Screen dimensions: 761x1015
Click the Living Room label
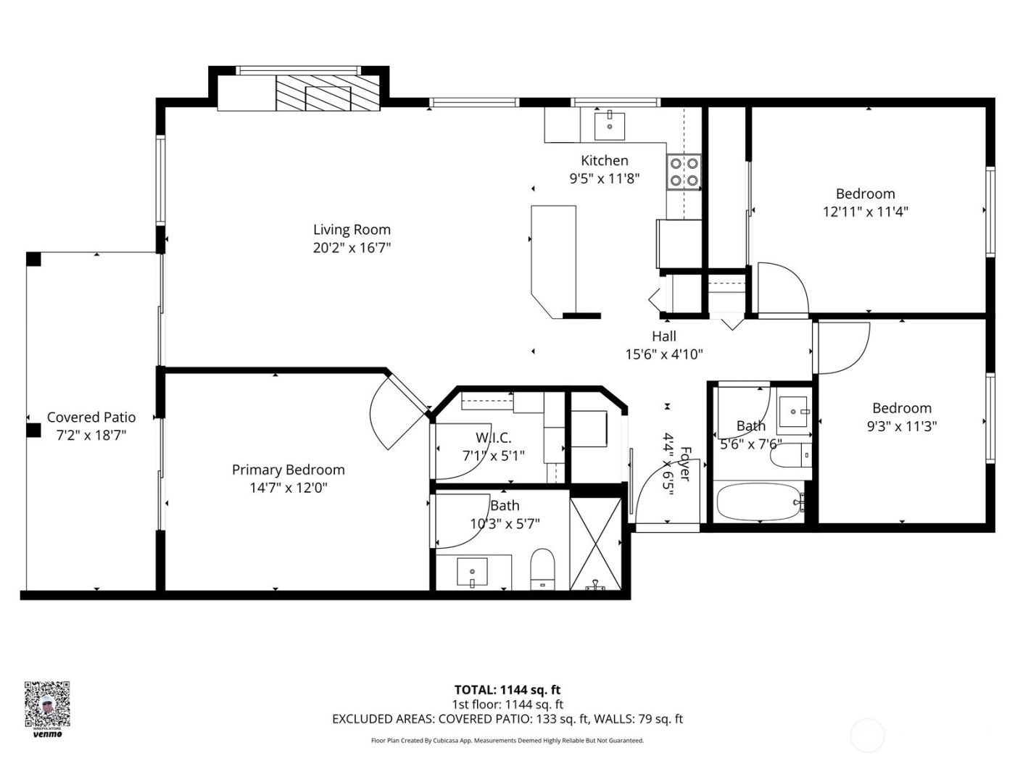point(352,230)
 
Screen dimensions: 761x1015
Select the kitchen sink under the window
point(610,125)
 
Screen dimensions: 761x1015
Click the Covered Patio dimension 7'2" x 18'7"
point(91,436)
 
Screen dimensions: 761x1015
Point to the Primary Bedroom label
point(288,470)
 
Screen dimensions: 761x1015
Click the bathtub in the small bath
point(758,502)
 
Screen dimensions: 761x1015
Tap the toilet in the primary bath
point(542,569)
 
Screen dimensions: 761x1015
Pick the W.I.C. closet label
point(493,438)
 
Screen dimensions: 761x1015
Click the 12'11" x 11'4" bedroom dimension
point(865,212)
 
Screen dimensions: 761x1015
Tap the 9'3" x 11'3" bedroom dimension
point(901,426)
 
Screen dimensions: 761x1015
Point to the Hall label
point(664,336)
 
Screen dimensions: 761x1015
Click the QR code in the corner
point(47,704)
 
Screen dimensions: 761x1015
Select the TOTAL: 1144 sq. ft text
point(507,690)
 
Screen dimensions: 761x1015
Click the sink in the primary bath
point(473,573)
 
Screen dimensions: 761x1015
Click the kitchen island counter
point(554,257)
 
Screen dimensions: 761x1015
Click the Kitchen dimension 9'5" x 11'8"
point(604,178)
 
